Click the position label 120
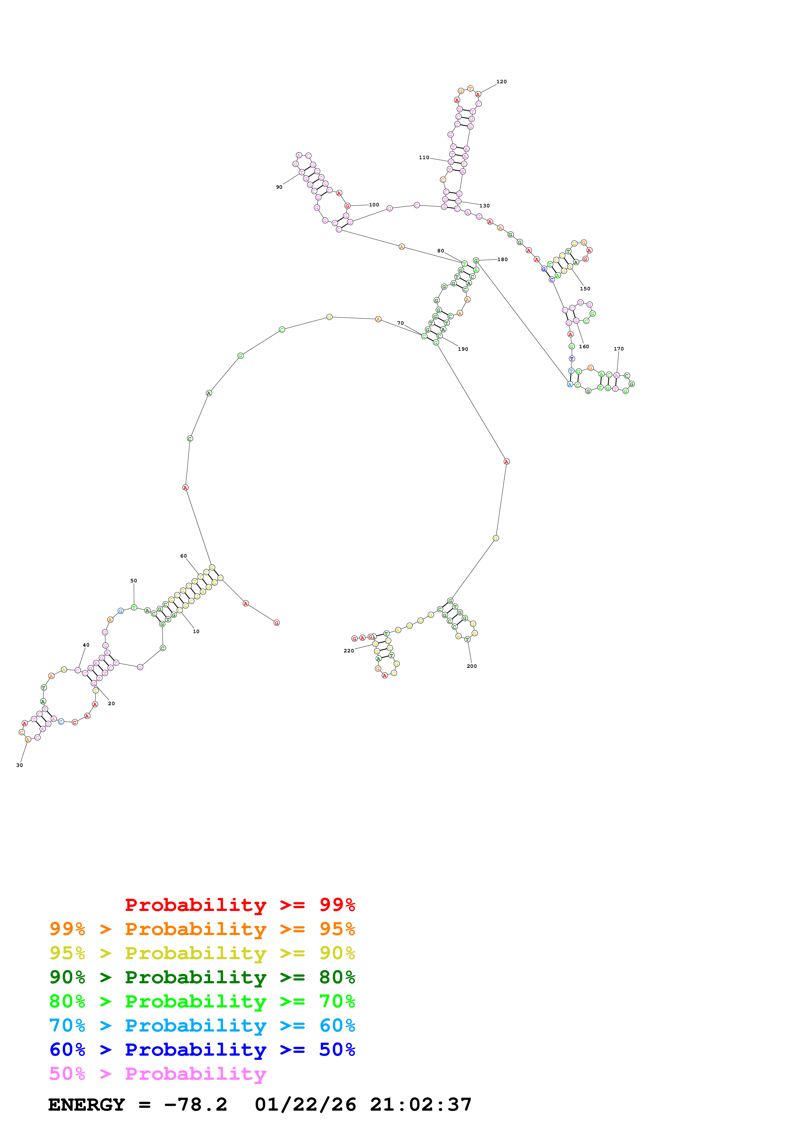pyautogui.click(x=501, y=82)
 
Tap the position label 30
pyautogui.click(x=20, y=765)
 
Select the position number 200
pyautogui.click(x=471, y=666)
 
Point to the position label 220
pyautogui.click(x=349, y=650)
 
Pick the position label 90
pyautogui.click(x=279, y=187)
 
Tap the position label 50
pyautogui.click(x=133, y=581)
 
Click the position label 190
pyautogui.click(x=463, y=349)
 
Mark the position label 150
pyautogui.click(x=585, y=289)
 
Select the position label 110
pyautogui.click(x=424, y=158)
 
